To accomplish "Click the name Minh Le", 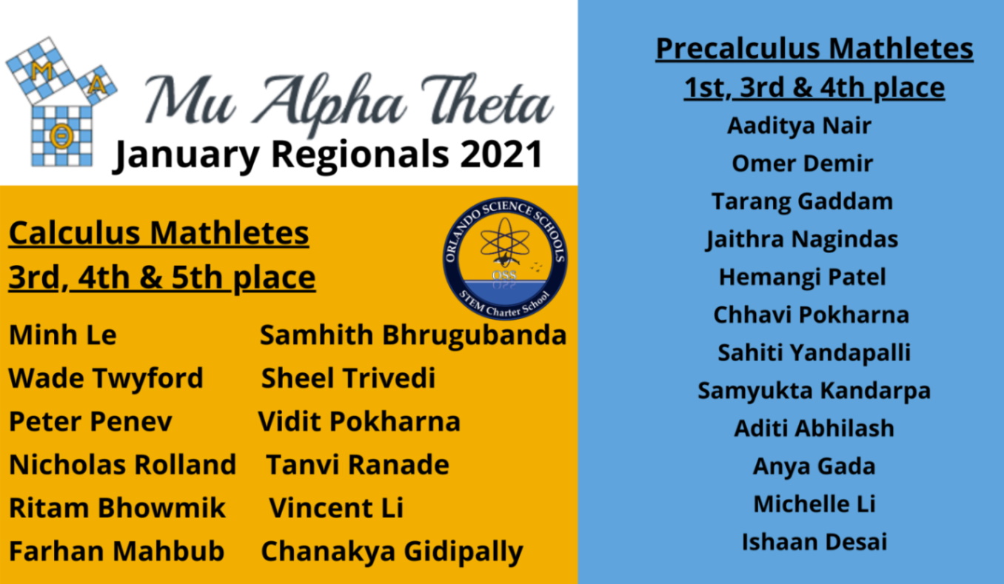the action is tap(63, 335).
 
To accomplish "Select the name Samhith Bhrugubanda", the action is tap(413, 335).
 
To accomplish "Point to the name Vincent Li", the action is tap(336, 508).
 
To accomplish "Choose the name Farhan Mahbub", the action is tap(116, 551).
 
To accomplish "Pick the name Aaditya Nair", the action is tap(800, 126).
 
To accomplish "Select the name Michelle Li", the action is tap(814, 504).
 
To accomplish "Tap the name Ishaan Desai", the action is tap(814, 542).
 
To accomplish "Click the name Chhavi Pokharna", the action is tap(811, 315).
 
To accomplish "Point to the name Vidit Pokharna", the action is tap(359, 422).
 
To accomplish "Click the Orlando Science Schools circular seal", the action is tap(505, 258).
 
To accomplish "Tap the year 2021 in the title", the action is tap(502, 154).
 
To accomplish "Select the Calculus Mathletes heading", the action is tap(158, 233).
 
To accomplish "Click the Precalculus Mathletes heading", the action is tap(814, 48).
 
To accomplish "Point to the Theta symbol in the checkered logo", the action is tap(61, 135).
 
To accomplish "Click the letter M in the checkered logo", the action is tap(41, 72).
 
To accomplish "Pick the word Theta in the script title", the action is tap(487, 99).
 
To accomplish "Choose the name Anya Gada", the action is tap(814, 466).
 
